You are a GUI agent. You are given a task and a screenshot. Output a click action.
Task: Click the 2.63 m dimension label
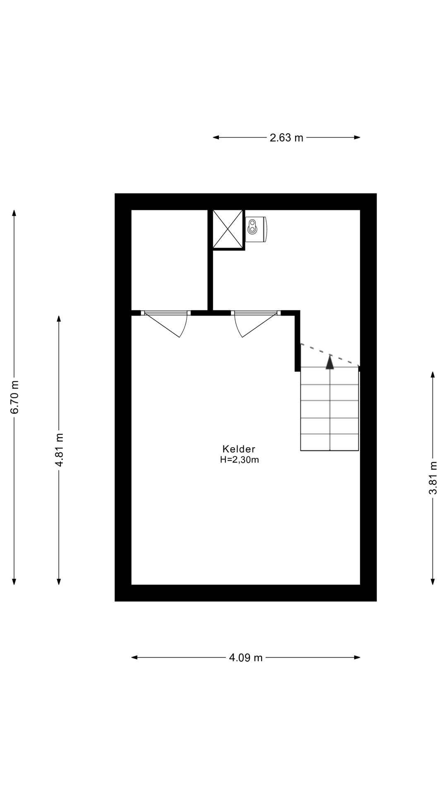pyautogui.click(x=286, y=138)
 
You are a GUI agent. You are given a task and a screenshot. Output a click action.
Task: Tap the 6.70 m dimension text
pyautogui.click(x=15, y=397)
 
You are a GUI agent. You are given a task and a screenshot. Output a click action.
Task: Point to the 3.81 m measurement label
pyautogui.click(x=433, y=478)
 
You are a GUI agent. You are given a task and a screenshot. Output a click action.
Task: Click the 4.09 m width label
pyautogui.click(x=246, y=658)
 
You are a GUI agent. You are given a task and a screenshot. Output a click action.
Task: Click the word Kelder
pyautogui.click(x=239, y=449)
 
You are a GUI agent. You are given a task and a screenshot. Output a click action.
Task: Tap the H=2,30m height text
pyautogui.click(x=240, y=460)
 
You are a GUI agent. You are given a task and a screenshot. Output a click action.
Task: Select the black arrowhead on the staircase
pyautogui.click(x=329, y=362)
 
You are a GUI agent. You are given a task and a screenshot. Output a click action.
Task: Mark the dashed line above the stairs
pyautogui.click(x=329, y=355)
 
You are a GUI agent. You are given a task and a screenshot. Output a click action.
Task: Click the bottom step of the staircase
pyautogui.click(x=329, y=442)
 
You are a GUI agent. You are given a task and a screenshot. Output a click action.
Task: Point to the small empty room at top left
pyautogui.click(x=169, y=260)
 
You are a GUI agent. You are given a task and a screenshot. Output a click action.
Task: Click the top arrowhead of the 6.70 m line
pyautogui.click(x=14, y=213)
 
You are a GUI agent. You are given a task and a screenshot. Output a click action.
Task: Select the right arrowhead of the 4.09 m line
pyautogui.click(x=357, y=657)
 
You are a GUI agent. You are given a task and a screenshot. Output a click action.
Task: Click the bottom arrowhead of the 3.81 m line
pyautogui.click(x=433, y=581)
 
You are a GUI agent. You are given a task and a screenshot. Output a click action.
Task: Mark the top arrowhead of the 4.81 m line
pyautogui.click(x=59, y=318)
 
